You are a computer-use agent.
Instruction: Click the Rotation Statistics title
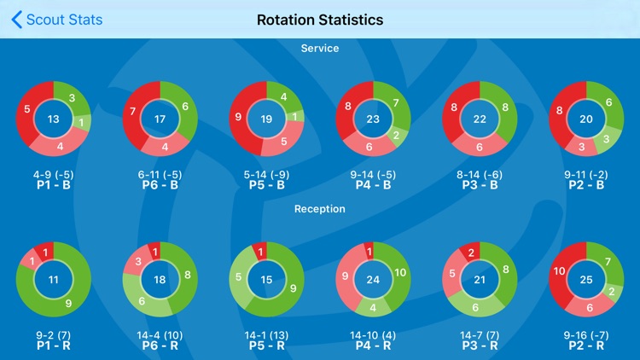[x=320, y=20]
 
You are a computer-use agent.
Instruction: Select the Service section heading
[x=320, y=49]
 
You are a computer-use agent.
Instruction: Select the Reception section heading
[x=320, y=208]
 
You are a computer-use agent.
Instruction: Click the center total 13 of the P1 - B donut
[x=54, y=119]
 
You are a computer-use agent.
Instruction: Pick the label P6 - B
[x=160, y=183]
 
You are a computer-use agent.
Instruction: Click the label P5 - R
[x=266, y=345]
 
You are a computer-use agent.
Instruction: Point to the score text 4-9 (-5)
[x=54, y=173]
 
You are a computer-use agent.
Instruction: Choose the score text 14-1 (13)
[x=266, y=334]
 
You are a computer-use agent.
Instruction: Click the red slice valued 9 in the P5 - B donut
[x=239, y=117]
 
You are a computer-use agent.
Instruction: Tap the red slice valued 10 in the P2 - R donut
[x=558, y=272]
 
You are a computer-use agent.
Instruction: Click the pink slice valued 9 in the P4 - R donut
[x=346, y=276]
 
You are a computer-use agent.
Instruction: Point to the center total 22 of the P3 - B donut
[x=480, y=119]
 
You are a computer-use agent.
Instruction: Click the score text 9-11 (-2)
[x=586, y=173]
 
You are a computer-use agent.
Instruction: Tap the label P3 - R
[x=480, y=345]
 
